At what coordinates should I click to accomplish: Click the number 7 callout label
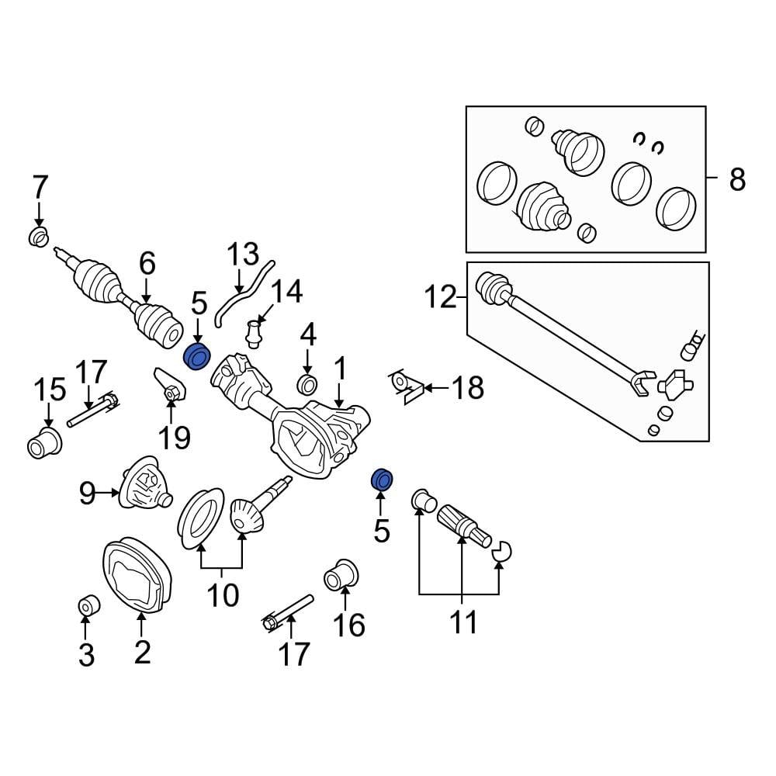point(40,188)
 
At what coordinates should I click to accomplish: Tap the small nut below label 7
point(37,236)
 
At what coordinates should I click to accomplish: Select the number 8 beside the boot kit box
point(736,180)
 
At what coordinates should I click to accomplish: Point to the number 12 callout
point(441,297)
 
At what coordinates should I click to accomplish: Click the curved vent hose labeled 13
point(241,294)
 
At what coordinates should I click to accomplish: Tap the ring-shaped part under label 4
point(307,383)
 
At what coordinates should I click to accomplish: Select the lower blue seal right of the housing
point(382,479)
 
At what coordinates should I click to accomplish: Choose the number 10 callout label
point(222,596)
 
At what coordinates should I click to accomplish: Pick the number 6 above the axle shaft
point(147,265)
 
